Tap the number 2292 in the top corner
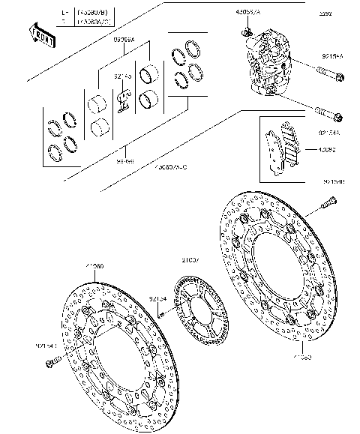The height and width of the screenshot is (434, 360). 324,14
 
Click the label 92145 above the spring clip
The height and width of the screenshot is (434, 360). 124,76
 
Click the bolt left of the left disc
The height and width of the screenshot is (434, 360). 52,363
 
